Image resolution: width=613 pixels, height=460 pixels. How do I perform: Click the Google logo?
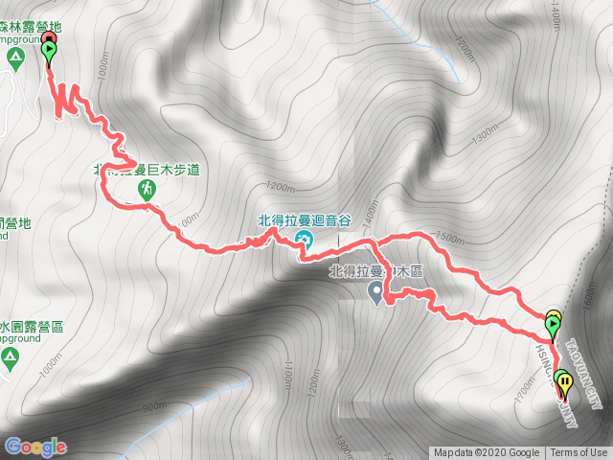(35, 447)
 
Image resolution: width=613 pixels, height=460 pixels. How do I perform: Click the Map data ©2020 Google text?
(486, 453)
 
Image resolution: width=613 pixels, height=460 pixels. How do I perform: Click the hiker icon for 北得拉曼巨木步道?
(147, 191)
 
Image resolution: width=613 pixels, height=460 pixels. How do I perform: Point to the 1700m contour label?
(526, 390)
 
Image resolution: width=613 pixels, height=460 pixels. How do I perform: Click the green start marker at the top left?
(49, 51)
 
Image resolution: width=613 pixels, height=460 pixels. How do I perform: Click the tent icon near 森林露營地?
(13, 57)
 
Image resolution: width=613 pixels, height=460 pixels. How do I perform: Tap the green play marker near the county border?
(554, 326)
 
